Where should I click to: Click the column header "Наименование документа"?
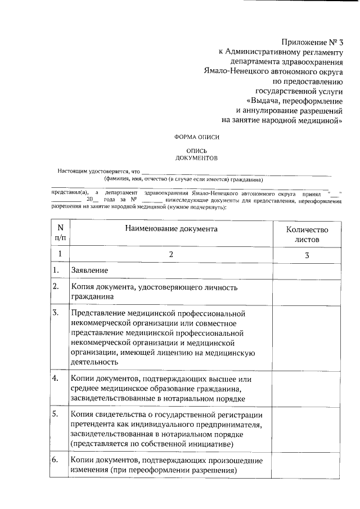click(x=171, y=229)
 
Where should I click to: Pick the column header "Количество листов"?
click(x=307, y=234)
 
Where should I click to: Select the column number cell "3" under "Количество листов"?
click(x=307, y=255)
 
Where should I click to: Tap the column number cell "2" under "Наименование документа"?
click(x=171, y=255)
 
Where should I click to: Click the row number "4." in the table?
click(x=56, y=378)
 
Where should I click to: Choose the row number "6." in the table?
click(x=56, y=460)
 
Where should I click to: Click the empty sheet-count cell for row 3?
click(x=307, y=337)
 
